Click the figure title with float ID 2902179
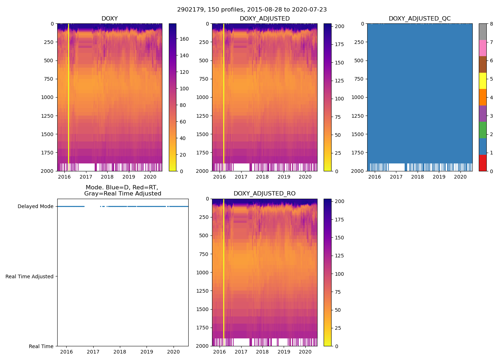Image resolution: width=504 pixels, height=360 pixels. (252, 10)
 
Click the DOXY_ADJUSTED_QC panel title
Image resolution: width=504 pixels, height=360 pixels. (419, 19)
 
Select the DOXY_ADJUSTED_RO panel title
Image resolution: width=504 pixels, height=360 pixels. (264, 194)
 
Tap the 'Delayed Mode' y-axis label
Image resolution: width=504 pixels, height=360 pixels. (35, 207)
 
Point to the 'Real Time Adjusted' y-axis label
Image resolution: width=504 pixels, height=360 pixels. (30, 276)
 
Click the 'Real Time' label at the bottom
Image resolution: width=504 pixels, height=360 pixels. (41, 346)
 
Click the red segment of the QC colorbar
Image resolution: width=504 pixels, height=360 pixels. (482, 163)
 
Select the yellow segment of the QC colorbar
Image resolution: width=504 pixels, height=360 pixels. (482, 81)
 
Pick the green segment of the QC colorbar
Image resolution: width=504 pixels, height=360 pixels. (482, 130)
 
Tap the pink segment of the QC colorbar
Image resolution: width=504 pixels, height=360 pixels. (482, 48)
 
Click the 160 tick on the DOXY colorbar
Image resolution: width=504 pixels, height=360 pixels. (184, 39)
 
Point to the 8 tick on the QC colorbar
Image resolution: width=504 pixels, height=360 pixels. (491, 24)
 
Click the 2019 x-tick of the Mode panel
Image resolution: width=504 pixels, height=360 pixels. (147, 352)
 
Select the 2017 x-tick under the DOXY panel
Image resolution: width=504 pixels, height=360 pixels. (86, 177)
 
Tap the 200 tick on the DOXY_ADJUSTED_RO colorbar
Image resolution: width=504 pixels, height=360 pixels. (339, 202)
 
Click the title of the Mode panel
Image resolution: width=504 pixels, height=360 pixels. (122, 190)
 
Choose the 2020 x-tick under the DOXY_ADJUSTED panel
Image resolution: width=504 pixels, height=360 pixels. (305, 177)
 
